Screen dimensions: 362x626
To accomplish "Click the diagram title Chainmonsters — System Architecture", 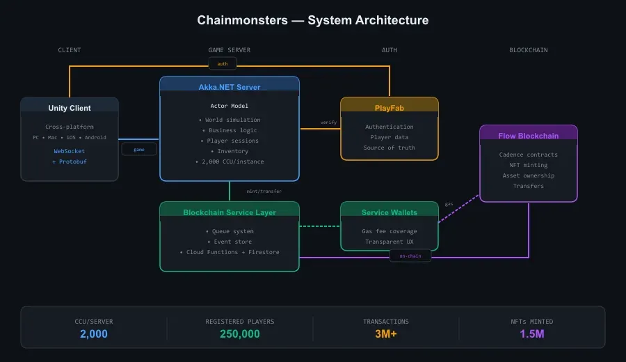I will (312, 20).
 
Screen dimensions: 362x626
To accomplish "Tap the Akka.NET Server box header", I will (230, 87).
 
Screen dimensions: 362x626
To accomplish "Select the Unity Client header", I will (70, 108).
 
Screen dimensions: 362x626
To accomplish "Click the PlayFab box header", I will (389, 108).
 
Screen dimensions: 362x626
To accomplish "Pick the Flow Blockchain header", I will (528, 136).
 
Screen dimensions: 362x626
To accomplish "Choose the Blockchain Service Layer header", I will (230, 212).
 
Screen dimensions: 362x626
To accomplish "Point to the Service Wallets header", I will (389, 212).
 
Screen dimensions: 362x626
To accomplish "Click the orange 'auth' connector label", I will (223, 64).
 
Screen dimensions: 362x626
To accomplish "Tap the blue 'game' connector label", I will (139, 149).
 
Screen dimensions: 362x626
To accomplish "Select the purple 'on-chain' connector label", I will (410, 256).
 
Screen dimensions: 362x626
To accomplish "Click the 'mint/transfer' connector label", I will (264, 191).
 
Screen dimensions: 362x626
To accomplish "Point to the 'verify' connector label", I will (328, 123).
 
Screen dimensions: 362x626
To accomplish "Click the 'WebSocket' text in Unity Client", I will (70, 151).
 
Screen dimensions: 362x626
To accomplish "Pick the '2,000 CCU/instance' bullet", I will (230, 162).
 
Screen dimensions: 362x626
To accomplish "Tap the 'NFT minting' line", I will (528, 165).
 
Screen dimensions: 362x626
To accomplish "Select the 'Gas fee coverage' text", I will (389, 231).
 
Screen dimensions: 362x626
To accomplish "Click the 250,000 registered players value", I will (240, 334).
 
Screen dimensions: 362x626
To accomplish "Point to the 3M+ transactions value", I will (386, 334).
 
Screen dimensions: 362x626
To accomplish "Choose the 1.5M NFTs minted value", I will (532, 334).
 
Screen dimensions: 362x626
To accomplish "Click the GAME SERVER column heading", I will (230, 50).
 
